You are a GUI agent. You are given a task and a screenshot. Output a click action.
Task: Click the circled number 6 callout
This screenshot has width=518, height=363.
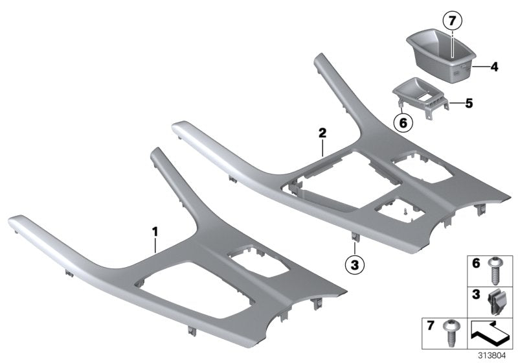(x=403, y=121)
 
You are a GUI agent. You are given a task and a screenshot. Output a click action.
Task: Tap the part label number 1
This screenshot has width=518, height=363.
(x=155, y=230)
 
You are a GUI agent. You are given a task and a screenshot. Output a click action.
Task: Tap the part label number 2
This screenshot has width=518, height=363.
(x=322, y=134)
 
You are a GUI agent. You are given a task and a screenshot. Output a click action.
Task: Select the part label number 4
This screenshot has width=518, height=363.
(x=493, y=65)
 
